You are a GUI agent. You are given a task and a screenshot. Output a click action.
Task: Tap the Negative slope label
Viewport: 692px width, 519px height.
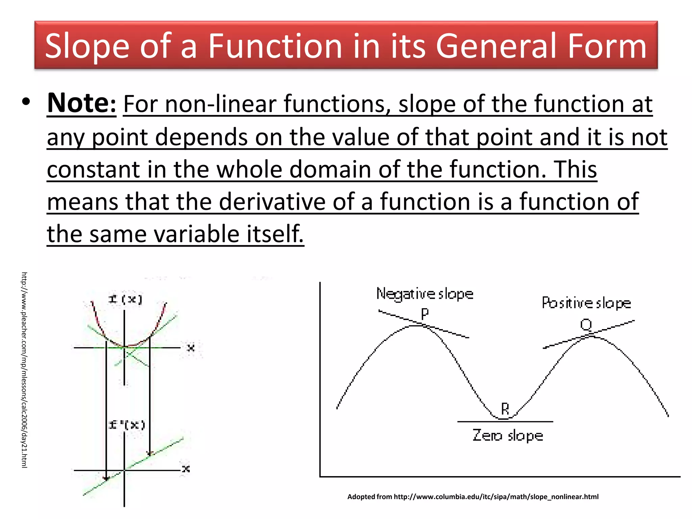425,294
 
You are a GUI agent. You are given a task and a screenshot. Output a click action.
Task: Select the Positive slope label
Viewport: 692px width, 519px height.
586,303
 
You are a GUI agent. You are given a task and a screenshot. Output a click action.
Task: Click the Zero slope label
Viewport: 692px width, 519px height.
508,436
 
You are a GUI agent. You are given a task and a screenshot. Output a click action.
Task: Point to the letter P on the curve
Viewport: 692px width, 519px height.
425,314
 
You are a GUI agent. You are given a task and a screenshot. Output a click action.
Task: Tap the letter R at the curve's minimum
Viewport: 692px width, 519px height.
505,409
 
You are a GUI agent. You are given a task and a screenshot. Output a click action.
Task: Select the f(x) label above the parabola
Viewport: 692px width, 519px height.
125,299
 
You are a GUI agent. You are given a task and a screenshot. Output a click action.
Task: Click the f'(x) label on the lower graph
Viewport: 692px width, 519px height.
127,425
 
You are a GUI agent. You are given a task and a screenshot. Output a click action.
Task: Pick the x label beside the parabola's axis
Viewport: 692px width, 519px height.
191,348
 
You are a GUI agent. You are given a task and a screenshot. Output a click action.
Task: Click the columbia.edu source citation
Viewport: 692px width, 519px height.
473,497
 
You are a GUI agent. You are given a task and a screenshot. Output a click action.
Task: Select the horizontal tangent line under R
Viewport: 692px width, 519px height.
505,422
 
